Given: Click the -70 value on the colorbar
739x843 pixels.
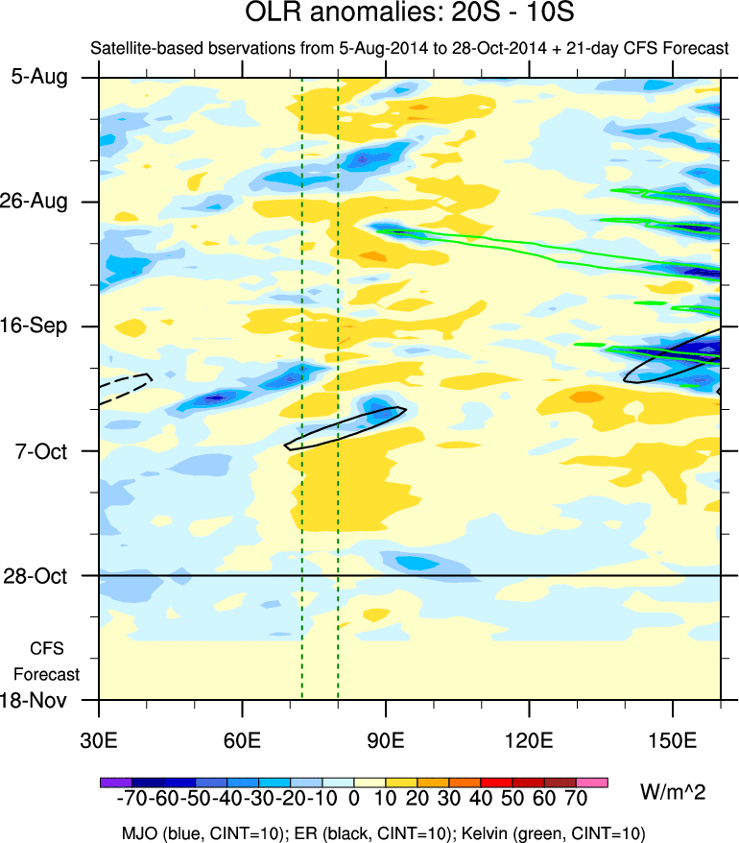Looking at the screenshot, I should coord(127,801).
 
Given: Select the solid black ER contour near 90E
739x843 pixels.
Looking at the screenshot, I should coord(346,427).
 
